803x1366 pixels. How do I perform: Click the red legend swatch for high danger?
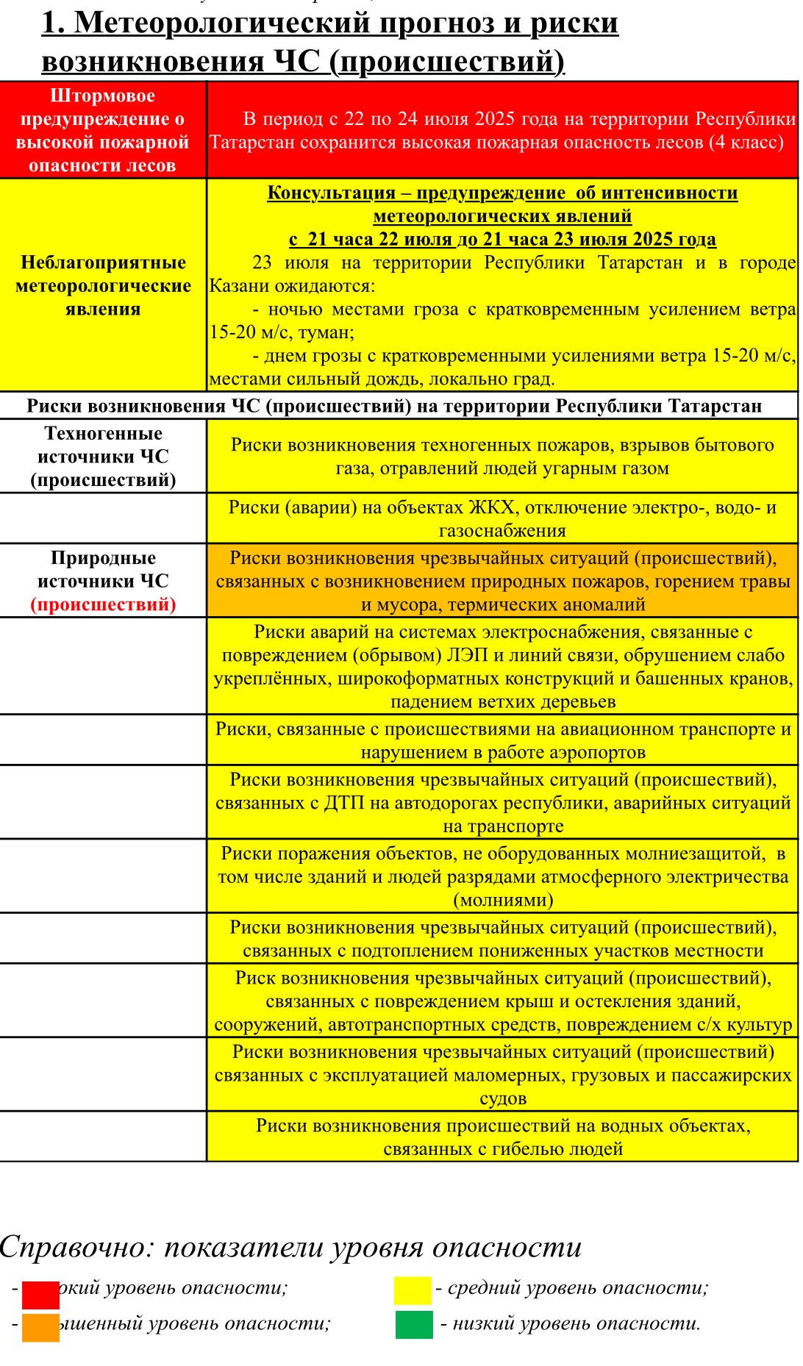click(40, 1295)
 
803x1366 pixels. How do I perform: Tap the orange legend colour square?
click(40, 1327)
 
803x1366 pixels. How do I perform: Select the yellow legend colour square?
click(413, 1290)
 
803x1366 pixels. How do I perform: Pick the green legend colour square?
click(414, 1324)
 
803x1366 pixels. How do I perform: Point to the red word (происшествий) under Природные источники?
click(104, 604)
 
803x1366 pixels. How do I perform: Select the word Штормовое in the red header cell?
click(103, 96)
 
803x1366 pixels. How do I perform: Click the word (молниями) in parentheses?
click(503, 900)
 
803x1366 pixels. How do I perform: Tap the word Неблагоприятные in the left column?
click(103, 262)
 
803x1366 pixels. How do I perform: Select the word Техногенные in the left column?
click(104, 433)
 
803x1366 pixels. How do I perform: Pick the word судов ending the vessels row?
click(503, 1098)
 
